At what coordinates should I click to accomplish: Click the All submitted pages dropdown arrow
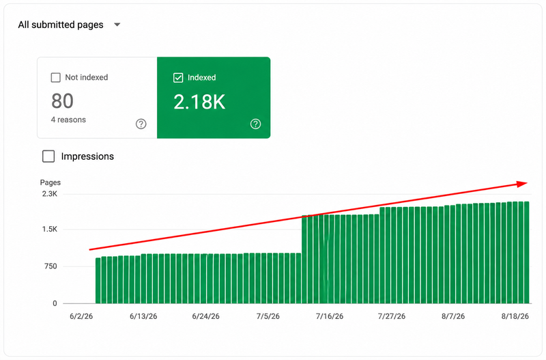click(x=117, y=25)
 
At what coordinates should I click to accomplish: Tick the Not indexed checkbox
click(x=56, y=77)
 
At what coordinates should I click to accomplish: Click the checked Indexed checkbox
click(x=178, y=77)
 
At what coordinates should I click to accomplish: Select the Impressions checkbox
click(x=48, y=156)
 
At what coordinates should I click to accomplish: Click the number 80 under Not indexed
click(x=62, y=101)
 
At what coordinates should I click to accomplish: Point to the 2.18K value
click(x=199, y=102)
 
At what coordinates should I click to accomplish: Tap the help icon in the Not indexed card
click(x=141, y=124)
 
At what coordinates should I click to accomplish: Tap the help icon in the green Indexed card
click(x=255, y=124)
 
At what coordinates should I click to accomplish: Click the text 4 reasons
click(x=68, y=120)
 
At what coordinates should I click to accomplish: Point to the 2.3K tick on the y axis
click(x=50, y=194)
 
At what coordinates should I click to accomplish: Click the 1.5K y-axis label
click(x=50, y=230)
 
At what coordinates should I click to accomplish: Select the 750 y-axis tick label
click(x=51, y=266)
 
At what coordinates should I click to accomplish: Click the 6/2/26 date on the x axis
click(x=81, y=316)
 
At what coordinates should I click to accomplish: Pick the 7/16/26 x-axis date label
click(x=330, y=316)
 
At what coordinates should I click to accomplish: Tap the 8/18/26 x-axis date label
click(x=515, y=316)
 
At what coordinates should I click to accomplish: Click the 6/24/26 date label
click(x=206, y=316)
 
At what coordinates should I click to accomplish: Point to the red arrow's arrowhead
click(x=522, y=184)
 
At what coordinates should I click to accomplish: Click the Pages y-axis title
click(x=50, y=182)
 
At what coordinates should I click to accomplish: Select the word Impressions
click(x=87, y=156)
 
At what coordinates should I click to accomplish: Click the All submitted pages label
click(x=61, y=25)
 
